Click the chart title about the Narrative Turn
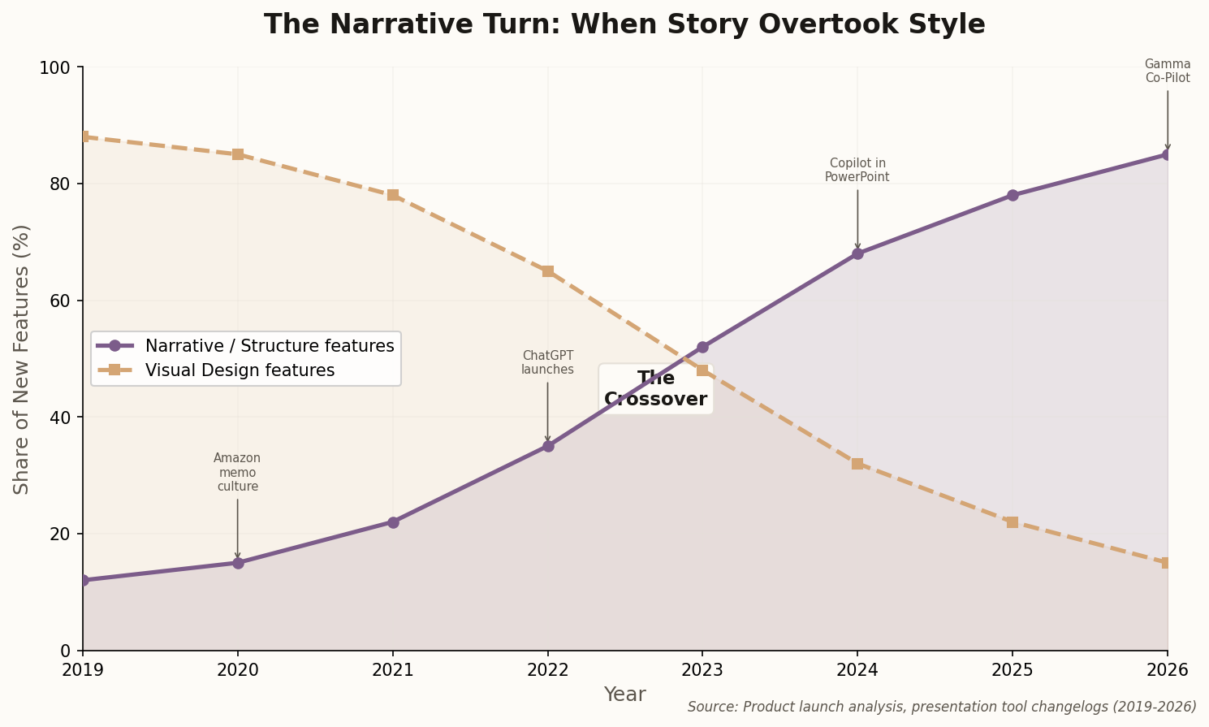[x=624, y=24]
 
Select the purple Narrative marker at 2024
[x=857, y=253]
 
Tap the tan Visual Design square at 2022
[x=548, y=271]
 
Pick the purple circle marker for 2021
[x=393, y=522]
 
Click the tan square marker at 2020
[x=238, y=154]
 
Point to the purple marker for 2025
[x=1013, y=195]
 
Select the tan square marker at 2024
[x=857, y=464]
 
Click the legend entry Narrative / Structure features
[x=269, y=346]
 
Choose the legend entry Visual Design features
[x=240, y=370]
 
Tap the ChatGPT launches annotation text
[x=547, y=362]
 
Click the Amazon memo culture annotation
[x=237, y=472]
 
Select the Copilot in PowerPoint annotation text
[x=857, y=170]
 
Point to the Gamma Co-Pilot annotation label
[x=1167, y=71]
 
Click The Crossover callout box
[x=655, y=389]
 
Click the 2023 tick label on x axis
[x=702, y=670]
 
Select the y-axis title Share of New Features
[x=22, y=359]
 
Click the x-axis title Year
[x=624, y=695]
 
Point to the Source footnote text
[x=942, y=707]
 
